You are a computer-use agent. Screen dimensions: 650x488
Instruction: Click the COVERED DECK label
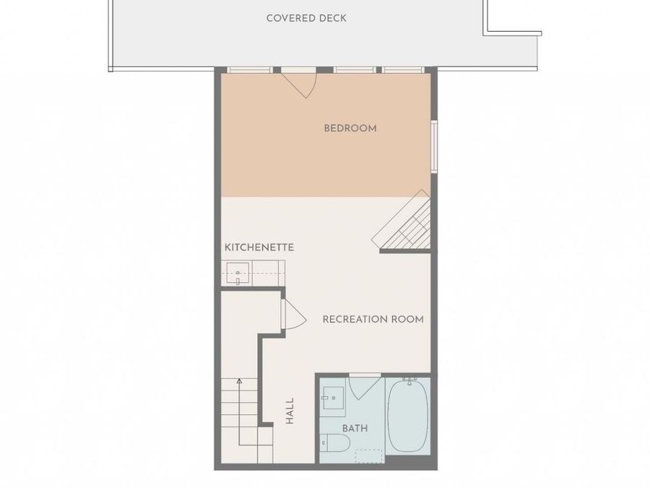click(x=306, y=18)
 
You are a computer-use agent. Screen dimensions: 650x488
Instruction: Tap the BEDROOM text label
click(x=350, y=128)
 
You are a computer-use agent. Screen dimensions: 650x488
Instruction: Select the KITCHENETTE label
click(x=259, y=247)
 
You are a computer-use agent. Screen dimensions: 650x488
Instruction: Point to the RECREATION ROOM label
click(x=373, y=319)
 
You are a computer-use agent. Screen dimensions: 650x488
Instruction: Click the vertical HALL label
click(x=290, y=411)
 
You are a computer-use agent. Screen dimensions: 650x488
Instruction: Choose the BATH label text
click(x=355, y=428)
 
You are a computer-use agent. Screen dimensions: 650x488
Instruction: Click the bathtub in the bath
click(x=408, y=416)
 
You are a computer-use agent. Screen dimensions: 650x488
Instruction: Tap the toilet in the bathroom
click(x=336, y=442)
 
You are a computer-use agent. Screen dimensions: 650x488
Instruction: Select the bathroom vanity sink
click(x=334, y=398)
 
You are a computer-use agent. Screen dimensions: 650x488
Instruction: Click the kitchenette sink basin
click(x=238, y=273)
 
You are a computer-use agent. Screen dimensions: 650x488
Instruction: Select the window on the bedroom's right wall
click(x=434, y=146)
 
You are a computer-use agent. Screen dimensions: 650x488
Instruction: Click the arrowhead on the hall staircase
click(x=239, y=381)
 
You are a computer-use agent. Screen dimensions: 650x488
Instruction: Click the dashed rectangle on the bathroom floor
click(x=369, y=456)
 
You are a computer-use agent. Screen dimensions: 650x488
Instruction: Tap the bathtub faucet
click(x=409, y=381)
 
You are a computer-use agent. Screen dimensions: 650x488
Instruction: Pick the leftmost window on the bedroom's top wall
click(x=250, y=69)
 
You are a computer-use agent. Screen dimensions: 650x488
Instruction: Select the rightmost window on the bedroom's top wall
click(x=403, y=69)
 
